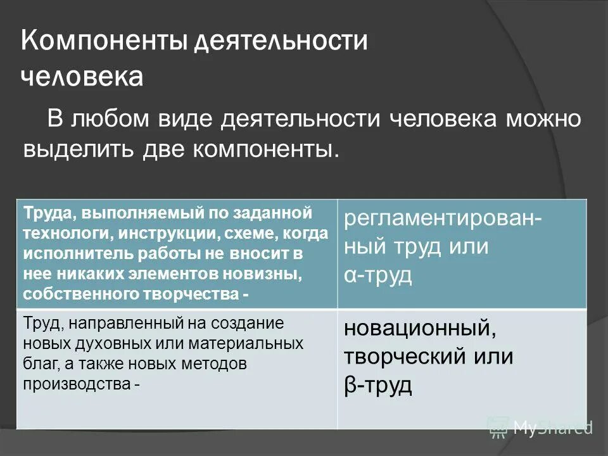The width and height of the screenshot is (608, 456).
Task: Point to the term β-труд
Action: click(378, 384)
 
